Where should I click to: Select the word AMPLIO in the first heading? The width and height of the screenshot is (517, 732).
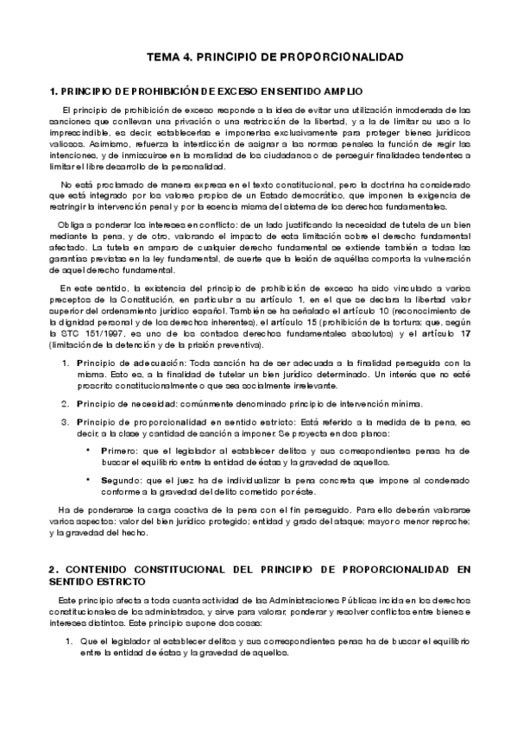(341, 91)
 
